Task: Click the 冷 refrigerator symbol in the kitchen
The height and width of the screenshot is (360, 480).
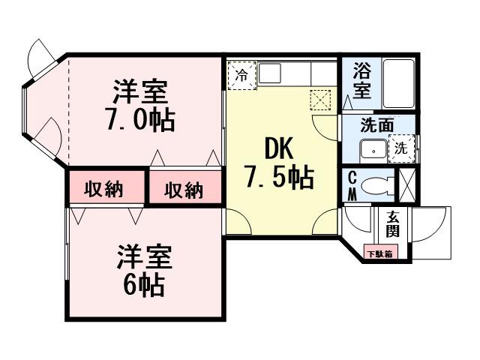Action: point(241,74)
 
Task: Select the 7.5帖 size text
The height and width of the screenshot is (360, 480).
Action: point(279,178)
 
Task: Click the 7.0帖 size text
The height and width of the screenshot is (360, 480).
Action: point(140,119)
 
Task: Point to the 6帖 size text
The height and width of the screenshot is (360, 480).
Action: point(144,285)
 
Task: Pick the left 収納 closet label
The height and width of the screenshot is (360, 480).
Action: point(104,189)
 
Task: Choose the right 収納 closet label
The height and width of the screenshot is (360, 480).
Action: point(184,190)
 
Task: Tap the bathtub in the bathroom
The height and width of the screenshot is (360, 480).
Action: point(398,83)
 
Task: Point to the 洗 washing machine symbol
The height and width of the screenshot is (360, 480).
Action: point(401,148)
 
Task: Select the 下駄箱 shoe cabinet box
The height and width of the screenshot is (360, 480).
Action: point(379,253)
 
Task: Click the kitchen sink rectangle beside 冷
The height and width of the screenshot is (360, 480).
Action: point(271,73)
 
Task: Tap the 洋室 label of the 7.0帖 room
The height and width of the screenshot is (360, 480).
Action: point(139,91)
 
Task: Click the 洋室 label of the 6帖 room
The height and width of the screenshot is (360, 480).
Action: point(144,257)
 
